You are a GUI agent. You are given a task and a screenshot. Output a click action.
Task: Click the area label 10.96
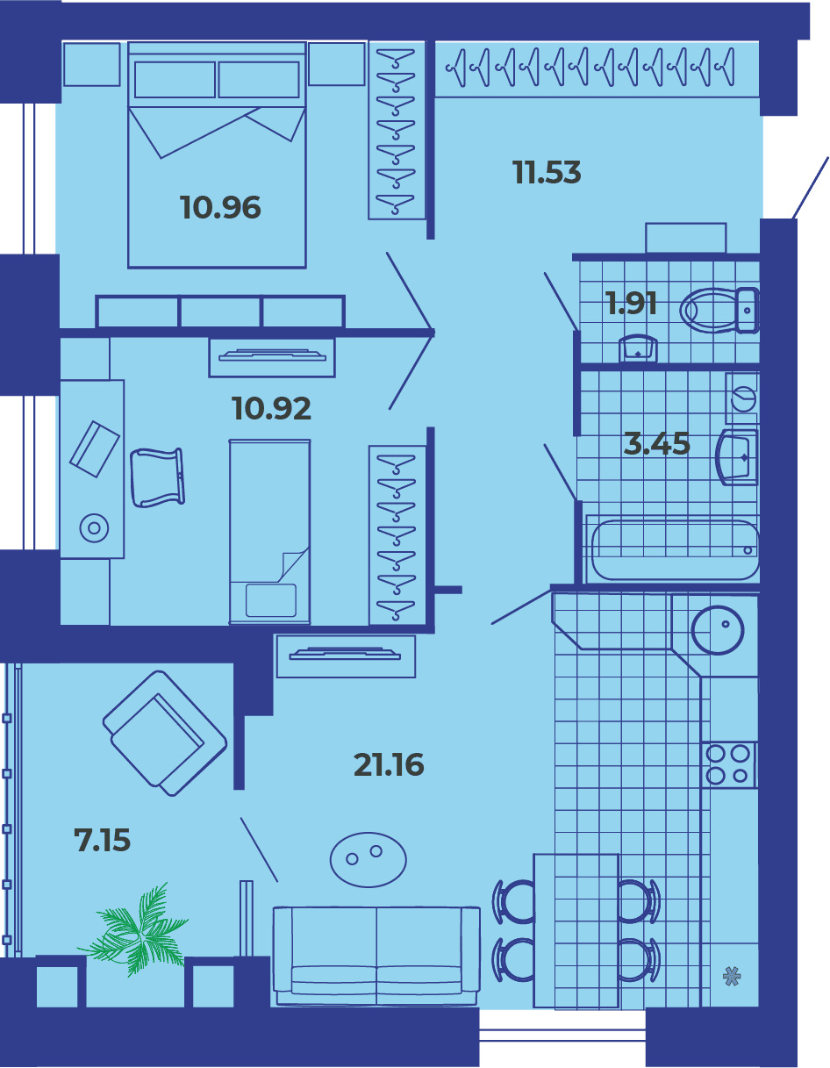(220, 207)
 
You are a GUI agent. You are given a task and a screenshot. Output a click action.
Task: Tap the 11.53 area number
(547, 173)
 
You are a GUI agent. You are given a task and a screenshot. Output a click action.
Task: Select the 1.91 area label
(632, 304)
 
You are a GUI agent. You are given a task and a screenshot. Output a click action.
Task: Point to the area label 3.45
(656, 443)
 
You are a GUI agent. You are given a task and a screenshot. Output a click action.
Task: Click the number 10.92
(271, 408)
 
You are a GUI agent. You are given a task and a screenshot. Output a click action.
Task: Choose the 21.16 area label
(389, 764)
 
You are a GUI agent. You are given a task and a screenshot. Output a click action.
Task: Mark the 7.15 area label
(102, 840)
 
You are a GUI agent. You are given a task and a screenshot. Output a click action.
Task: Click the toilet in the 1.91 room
(719, 311)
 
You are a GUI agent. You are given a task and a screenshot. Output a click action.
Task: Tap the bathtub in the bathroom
(676, 549)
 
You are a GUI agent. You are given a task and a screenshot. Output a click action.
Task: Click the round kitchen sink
(718, 629)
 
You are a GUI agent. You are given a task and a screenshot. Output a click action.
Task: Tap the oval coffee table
(368, 860)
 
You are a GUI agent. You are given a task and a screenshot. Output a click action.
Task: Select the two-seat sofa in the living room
(376, 956)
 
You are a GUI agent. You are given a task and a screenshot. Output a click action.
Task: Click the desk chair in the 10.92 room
(158, 477)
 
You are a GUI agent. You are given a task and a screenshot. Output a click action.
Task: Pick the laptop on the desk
(95, 448)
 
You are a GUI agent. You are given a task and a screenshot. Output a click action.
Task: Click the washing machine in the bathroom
(742, 398)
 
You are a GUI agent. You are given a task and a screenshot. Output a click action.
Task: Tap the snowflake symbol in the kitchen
(732, 976)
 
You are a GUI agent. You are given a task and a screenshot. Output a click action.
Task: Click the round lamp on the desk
(95, 528)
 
